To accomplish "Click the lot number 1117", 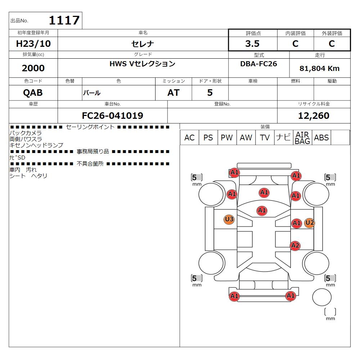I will tap(64, 20).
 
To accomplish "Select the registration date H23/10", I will tap(33, 44).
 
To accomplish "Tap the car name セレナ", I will tap(143, 44).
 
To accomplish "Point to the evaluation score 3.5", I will tap(252, 44).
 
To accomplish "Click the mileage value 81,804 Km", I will tap(319, 68).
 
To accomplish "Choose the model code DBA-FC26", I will tap(258, 63).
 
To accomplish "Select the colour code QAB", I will tap(33, 93).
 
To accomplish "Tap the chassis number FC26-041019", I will tap(112, 116).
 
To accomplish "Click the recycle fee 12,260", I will tap(314, 116).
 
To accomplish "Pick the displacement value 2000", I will tap(33, 68).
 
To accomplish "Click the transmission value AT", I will tap(173, 93).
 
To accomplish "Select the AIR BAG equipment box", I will tap(302, 138).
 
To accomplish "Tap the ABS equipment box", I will tap(321, 138).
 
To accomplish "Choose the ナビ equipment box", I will tap(283, 138).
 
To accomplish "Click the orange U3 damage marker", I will tap(229, 219).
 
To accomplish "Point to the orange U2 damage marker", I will tap(309, 223).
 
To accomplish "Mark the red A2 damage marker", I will tap(295, 246).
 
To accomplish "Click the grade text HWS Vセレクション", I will tap(142, 64).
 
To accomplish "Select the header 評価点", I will tap(253, 33).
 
